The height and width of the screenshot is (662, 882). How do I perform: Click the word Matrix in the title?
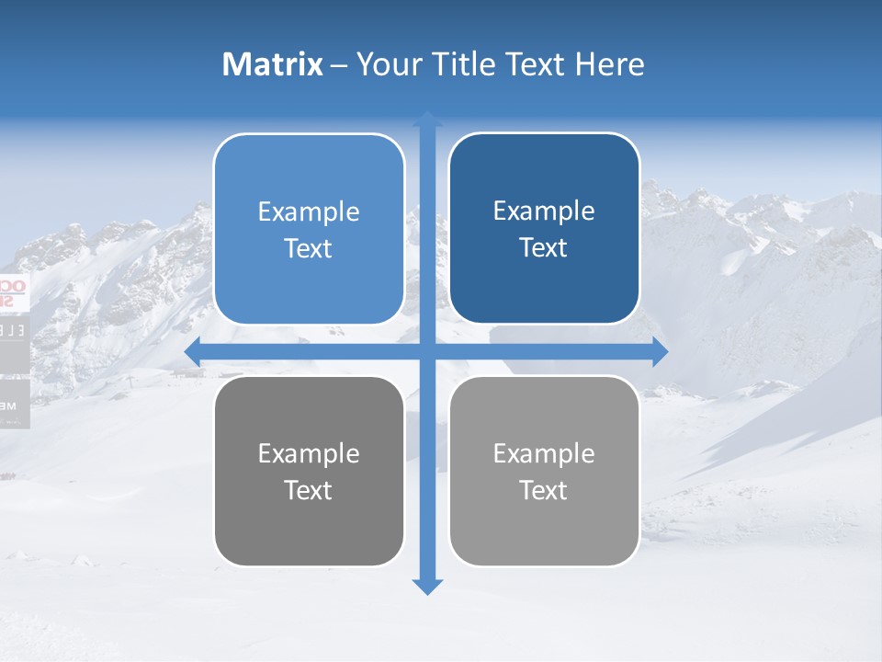(x=273, y=64)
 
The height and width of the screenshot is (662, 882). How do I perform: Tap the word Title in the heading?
(x=467, y=64)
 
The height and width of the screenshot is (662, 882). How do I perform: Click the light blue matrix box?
(x=309, y=229)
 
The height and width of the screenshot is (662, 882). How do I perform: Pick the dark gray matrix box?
(x=309, y=471)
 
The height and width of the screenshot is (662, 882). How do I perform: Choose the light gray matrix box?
(x=544, y=471)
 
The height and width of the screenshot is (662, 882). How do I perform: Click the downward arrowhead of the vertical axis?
(x=427, y=586)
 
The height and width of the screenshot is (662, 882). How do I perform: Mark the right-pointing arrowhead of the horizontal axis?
(x=660, y=351)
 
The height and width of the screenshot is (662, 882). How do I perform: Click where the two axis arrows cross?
(x=427, y=351)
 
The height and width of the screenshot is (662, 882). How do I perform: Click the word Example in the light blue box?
(x=309, y=211)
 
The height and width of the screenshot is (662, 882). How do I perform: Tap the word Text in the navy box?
(x=544, y=247)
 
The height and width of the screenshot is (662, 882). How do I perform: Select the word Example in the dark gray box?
(x=309, y=453)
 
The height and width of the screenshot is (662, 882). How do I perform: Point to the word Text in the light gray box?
(x=544, y=490)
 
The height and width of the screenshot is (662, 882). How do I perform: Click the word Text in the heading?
(x=537, y=64)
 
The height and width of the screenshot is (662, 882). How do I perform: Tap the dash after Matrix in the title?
(x=339, y=66)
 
